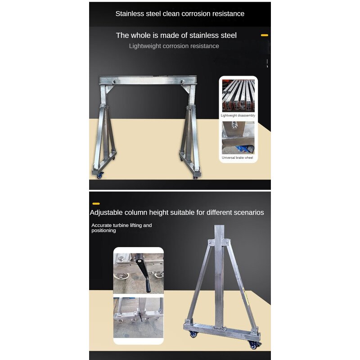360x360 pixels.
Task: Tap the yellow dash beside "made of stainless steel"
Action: coord(265,35)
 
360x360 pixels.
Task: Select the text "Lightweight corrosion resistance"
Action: coord(174,46)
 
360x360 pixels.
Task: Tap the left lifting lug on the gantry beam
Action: coord(113,82)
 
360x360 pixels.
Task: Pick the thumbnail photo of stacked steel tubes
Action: coord(238,95)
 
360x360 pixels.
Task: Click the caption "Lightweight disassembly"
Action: coord(238,115)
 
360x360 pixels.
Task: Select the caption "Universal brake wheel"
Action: coord(238,158)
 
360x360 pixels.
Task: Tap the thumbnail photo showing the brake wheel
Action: coord(238,137)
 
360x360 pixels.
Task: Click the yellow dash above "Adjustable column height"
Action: coord(96,204)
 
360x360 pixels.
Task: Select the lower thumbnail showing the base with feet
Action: coord(138,318)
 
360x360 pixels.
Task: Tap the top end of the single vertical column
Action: coord(219,227)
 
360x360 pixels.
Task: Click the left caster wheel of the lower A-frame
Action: coord(193,334)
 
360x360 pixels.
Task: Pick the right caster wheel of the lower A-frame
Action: coord(252,345)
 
